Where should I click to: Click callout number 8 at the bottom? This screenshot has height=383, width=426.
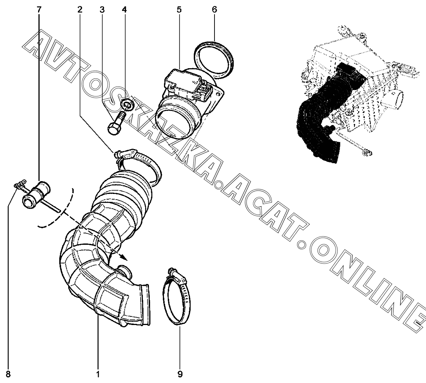8,374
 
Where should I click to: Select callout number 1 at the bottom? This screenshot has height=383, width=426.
98,374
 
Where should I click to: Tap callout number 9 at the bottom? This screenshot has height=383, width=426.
180,374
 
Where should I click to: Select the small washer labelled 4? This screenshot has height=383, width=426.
128,104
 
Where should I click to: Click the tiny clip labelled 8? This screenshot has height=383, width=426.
18,184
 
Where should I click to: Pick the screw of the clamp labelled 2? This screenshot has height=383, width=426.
123,153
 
